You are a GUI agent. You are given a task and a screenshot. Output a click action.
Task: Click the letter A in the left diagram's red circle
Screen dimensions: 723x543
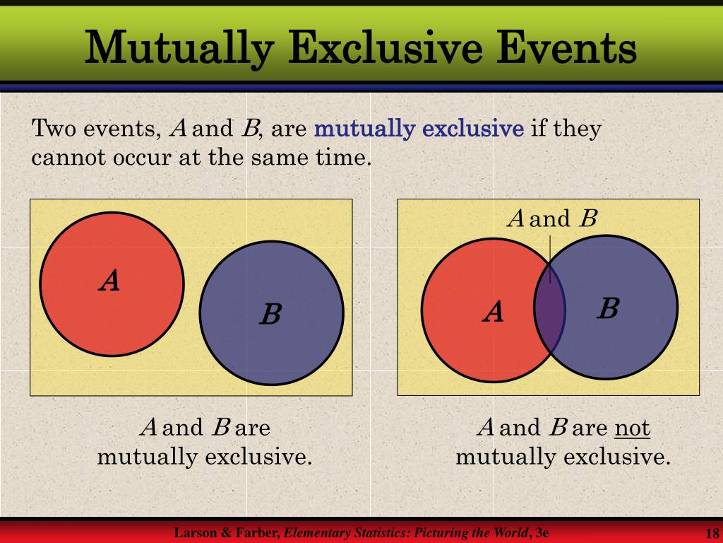pyautogui.click(x=109, y=280)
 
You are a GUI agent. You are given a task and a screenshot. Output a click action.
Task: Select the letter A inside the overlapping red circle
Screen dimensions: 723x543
pyautogui.click(x=493, y=311)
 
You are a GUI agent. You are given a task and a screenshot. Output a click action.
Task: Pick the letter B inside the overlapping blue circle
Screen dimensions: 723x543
pyautogui.click(x=608, y=308)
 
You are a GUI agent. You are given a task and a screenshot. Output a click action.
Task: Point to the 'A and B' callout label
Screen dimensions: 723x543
pyautogui.click(x=552, y=218)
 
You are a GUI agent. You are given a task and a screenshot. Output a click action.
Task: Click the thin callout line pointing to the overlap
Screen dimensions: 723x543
pyautogui.click(x=550, y=259)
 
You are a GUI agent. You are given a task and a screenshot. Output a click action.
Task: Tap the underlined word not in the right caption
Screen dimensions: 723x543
pyautogui.click(x=632, y=428)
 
